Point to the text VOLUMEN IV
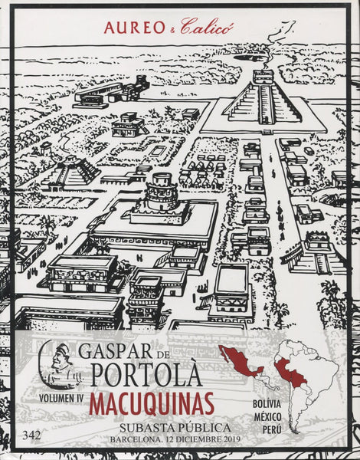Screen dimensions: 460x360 click(x=59, y=399)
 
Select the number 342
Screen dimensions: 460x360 click(x=33, y=435)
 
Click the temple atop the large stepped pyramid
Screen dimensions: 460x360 click(x=263, y=77)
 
